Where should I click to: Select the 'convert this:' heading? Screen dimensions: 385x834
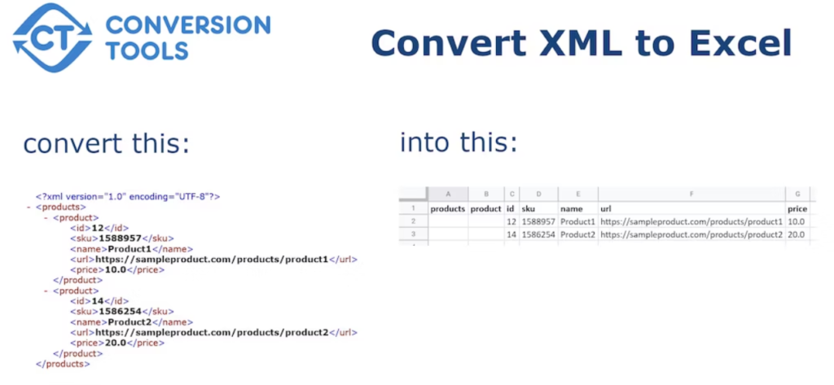pyautogui.click(x=106, y=144)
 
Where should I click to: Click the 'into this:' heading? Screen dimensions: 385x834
pyautogui.click(x=459, y=142)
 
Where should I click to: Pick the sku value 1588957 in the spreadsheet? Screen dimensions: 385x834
pyautogui.click(x=539, y=221)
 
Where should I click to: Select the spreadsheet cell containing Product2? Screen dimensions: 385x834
pyautogui.click(x=577, y=234)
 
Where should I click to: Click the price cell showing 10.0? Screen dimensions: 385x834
pyautogui.click(x=797, y=221)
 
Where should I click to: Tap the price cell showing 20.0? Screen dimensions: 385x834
pyautogui.click(x=797, y=234)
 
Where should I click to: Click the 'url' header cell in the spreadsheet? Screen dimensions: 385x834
pyautogui.click(x=606, y=208)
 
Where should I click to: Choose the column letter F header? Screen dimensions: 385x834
pyautogui.click(x=691, y=195)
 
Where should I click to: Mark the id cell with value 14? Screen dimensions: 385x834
pyautogui.click(x=511, y=234)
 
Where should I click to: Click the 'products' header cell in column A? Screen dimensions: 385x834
pyautogui.click(x=447, y=208)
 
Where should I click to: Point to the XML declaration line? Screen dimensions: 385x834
pyautogui.click(x=128, y=196)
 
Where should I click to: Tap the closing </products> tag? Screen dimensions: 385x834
pyautogui.click(x=63, y=364)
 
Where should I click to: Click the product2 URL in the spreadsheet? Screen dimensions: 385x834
pyautogui.click(x=691, y=234)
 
